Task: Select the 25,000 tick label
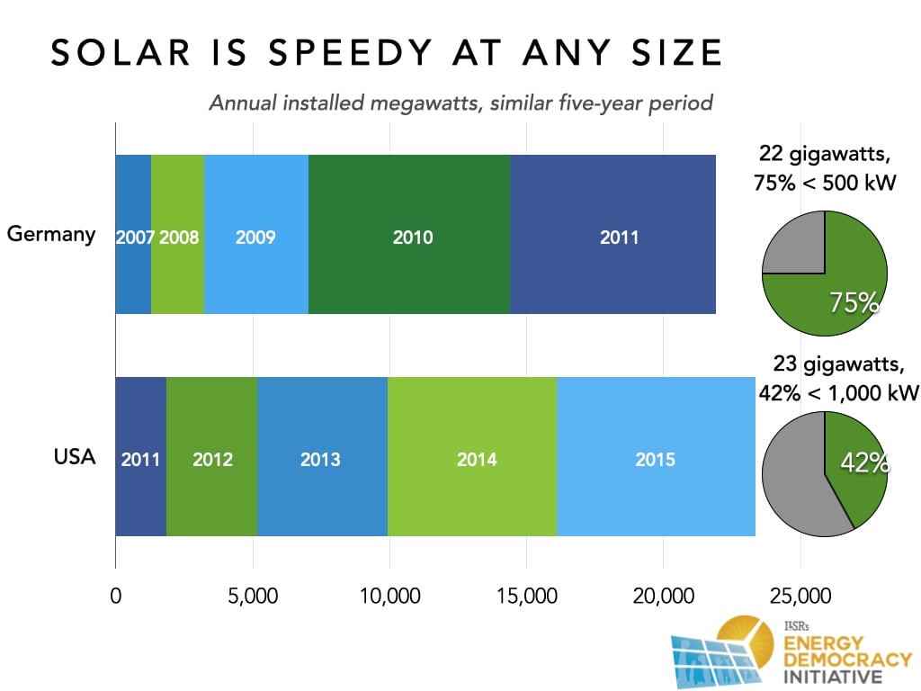799,597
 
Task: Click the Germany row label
50,235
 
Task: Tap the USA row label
74,457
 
